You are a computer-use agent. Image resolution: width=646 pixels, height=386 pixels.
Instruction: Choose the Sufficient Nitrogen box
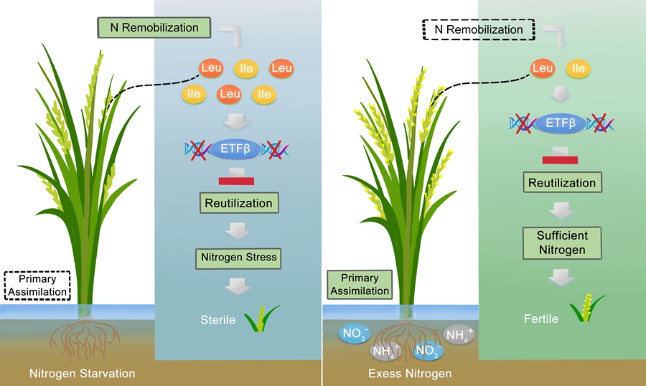coord(561,243)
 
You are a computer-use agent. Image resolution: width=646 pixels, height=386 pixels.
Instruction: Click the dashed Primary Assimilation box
coord(37,286)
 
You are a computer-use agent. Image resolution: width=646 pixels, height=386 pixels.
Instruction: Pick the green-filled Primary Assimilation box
coord(360,284)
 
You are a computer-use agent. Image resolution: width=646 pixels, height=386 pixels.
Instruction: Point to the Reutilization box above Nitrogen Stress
coord(238,203)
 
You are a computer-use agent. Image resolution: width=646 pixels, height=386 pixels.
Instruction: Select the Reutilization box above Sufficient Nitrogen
coord(562,183)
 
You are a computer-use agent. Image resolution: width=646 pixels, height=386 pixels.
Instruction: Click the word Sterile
coord(217,319)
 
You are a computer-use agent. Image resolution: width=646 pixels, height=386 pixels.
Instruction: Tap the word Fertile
coord(541,319)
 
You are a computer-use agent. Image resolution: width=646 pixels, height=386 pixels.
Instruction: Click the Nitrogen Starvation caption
coord(82,373)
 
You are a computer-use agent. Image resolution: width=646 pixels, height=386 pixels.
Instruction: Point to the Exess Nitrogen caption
coord(410,373)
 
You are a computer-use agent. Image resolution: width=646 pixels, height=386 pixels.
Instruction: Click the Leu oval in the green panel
coord(543,69)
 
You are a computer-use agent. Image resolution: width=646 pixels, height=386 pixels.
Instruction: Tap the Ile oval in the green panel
coord(578,69)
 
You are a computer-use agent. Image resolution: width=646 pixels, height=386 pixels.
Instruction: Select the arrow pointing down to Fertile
coord(562,278)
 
